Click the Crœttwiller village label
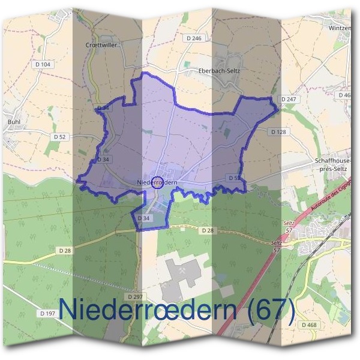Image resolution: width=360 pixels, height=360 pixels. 103,45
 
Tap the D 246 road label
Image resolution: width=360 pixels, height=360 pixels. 193,38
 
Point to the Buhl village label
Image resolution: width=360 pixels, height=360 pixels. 15,121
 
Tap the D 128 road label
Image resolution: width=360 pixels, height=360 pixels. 278,131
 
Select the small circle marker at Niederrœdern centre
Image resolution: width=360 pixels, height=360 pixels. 156,182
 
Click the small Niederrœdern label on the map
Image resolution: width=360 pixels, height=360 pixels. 157,182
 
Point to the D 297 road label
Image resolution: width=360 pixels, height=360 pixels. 135,296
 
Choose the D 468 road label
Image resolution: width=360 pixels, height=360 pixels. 309,325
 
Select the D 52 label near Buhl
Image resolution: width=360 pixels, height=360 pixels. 59,137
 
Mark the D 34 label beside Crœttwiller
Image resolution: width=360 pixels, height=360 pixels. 103,108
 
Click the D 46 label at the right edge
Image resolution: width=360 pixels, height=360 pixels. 344,95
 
